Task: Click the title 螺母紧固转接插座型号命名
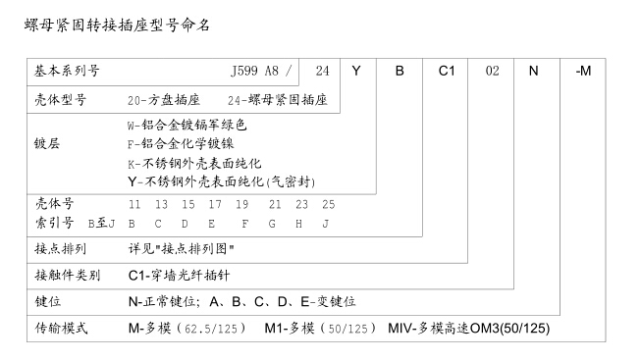click(x=117, y=25)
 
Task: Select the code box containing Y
click(x=357, y=71)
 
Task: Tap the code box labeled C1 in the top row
click(x=446, y=71)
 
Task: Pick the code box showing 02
click(x=493, y=71)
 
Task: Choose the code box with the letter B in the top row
click(x=400, y=71)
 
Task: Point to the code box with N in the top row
click(x=533, y=71)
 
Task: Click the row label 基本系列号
click(x=67, y=71)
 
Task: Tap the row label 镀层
click(x=47, y=143)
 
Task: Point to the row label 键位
click(x=47, y=301)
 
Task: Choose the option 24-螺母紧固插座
click(x=277, y=100)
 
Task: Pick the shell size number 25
click(x=328, y=204)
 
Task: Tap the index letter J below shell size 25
click(x=325, y=223)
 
